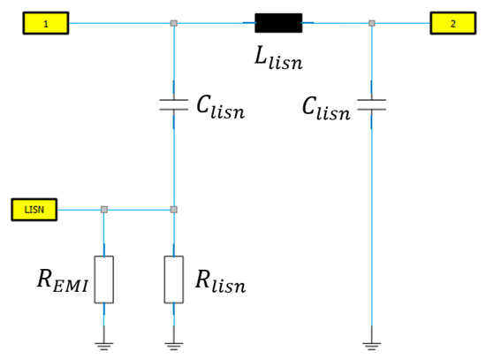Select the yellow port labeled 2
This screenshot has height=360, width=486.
(452, 23)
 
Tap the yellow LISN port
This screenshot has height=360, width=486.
(34, 210)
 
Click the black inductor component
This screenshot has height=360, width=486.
(278, 23)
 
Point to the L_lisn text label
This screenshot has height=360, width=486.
(279, 58)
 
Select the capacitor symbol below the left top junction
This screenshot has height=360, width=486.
(174, 106)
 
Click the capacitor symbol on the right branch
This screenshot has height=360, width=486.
(371, 106)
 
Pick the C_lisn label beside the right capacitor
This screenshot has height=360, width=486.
(326, 110)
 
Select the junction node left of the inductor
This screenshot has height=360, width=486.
(174, 23)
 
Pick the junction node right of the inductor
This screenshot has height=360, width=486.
(371, 23)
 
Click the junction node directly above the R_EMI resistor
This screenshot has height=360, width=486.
(104, 210)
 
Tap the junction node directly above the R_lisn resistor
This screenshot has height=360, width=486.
(174, 210)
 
